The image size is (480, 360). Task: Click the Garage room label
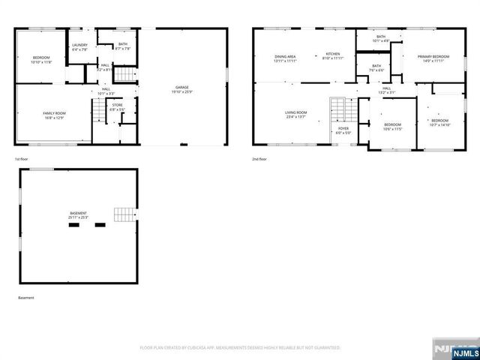pos(183,90)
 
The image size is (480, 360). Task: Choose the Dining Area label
pos(285,58)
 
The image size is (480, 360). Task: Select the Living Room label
pos(295,115)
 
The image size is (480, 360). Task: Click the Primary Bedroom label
pos(433,58)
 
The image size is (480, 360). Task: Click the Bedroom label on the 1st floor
pos(40,60)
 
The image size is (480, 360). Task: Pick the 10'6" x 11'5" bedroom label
pos(393,127)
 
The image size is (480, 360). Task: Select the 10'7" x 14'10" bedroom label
pos(439,123)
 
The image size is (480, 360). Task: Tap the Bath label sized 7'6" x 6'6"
pos(376,68)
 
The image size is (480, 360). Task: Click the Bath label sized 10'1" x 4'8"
pos(380,39)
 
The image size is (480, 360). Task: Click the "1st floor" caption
pos(22,160)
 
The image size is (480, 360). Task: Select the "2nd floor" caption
pos(260,160)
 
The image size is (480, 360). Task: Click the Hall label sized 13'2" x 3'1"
pos(386,91)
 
